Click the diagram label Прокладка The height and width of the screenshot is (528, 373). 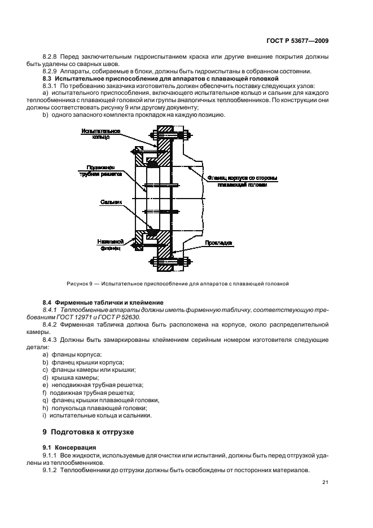pyautogui.click(x=217, y=243)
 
